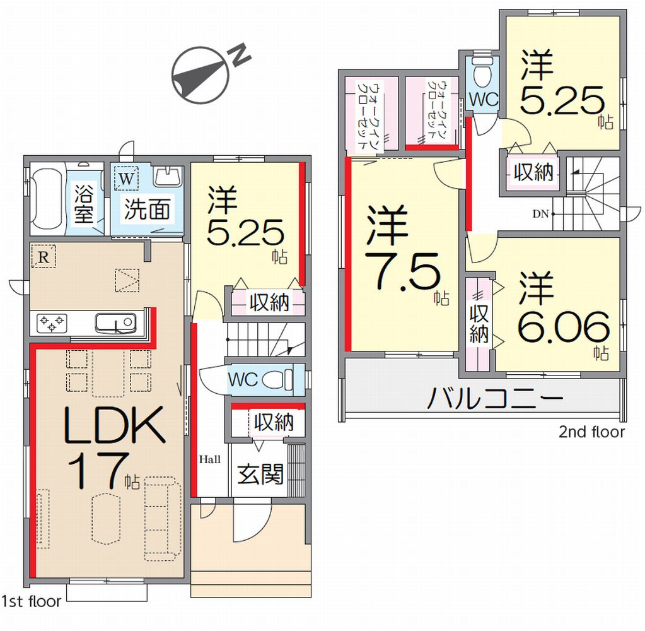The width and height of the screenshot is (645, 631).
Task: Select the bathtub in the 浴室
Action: (x=46, y=199)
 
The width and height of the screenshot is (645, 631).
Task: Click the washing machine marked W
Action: (x=126, y=178)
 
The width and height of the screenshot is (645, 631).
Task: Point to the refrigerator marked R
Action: (x=44, y=257)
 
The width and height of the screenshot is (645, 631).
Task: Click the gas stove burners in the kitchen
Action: (x=52, y=322)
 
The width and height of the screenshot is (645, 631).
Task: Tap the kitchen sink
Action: (x=115, y=323)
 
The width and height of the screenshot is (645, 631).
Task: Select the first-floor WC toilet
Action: (x=277, y=379)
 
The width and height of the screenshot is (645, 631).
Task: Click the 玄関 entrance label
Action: (x=260, y=474)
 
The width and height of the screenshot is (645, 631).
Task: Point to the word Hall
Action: (x=210, y=459)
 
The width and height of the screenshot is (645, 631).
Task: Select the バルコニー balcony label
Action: (x=495, y=398)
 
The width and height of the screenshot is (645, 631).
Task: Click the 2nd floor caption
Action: (x=591, y=432)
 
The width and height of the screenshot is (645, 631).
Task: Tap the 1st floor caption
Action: (x=32, y=601)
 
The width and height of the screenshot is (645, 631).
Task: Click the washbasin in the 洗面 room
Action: (x=168, y=177)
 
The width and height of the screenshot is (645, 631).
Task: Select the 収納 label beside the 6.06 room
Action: (x=479, y=324)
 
